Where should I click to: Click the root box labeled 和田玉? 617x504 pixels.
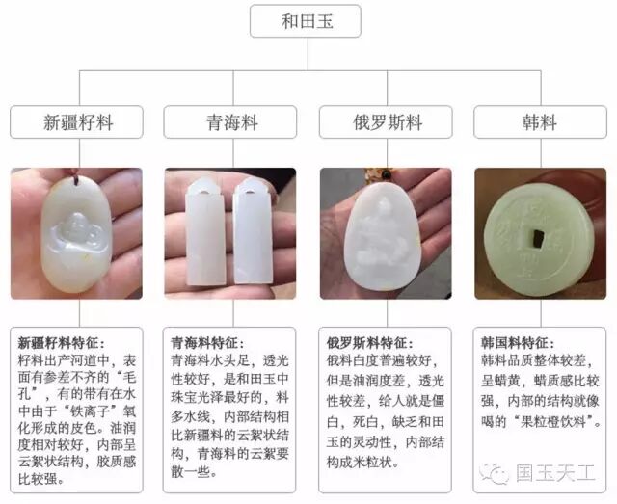point(308,19)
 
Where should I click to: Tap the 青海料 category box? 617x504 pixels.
point(231,124)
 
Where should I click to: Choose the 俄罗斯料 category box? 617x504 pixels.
point(386,124)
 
